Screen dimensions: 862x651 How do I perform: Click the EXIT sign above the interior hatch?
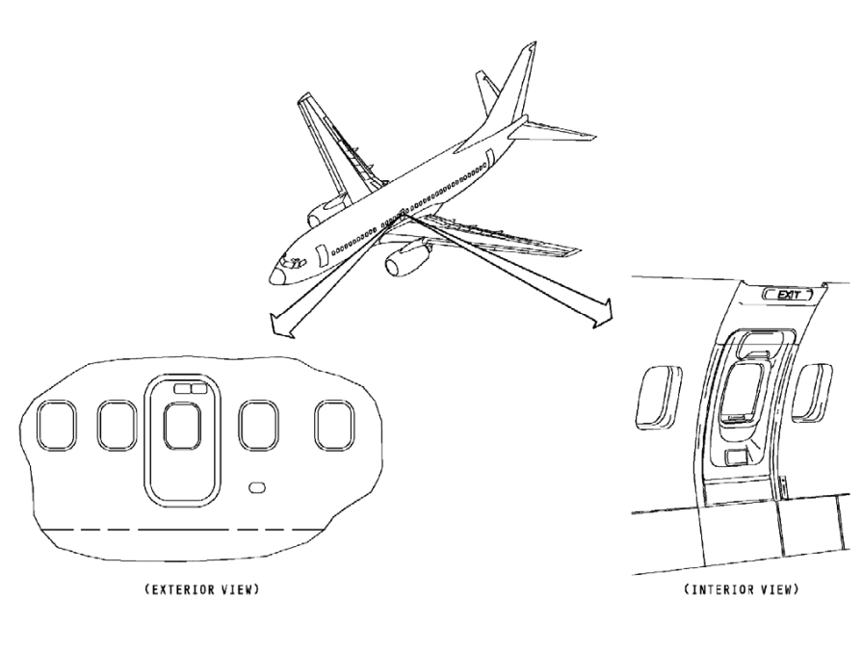[x=789, y=295]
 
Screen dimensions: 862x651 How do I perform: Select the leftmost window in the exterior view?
[x=57, y=425]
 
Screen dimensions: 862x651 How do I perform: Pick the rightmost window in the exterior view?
[x=335, y=425]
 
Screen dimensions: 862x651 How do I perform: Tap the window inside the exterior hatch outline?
[x=183, y=426]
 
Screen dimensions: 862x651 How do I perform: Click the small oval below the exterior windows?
[x=257, y=487]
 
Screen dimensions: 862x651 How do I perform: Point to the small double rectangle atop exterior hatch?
[x=191, y=389]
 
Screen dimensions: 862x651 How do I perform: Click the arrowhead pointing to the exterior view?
[x=280, y=326]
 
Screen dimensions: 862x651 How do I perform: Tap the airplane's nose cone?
[x=275, y=275]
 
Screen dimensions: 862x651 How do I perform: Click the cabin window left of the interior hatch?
[x=658, y=397]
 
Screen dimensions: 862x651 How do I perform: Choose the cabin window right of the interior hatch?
[x=811, y=393]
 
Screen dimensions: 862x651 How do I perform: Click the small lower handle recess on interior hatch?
[x=736, y=456]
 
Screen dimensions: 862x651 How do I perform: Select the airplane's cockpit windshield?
[x=294, y=263]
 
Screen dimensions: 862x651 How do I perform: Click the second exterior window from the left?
[x=118, y=425]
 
